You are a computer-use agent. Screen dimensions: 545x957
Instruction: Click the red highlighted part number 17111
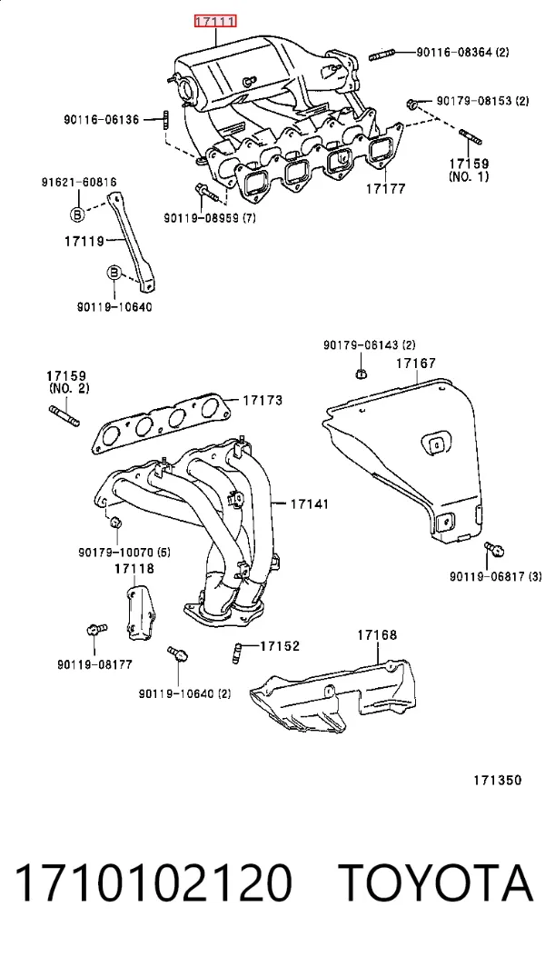[215, 23]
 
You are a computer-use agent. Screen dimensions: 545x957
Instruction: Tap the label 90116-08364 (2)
[462, 53]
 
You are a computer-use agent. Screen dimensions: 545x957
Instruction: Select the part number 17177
[386, 189]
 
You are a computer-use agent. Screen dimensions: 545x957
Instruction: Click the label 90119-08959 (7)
[209, 216]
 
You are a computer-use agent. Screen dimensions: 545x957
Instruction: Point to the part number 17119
[84, 241]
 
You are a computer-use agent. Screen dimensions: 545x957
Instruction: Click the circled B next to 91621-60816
[78, 214]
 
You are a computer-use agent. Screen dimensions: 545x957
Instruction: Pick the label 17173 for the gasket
[263, 401]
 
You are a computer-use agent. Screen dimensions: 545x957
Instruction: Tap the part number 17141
[309, 504]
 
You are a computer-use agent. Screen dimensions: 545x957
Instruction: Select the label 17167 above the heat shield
[416, 364]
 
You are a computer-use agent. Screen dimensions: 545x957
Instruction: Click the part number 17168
[377, 634]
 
